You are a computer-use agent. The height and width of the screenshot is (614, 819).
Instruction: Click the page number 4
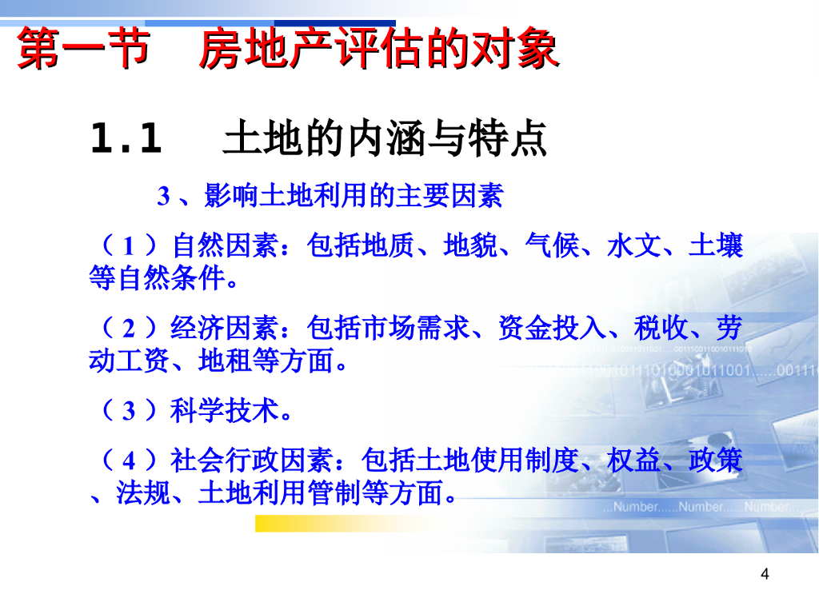tap(765, 574)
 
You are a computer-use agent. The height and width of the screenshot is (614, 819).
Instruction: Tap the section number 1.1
tap(126, 138)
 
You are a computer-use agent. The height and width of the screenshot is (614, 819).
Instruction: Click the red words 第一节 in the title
tap(83, 48)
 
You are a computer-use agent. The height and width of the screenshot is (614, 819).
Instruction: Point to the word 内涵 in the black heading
tap(386, 138)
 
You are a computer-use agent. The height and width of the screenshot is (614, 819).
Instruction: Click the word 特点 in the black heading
tap(507, 138)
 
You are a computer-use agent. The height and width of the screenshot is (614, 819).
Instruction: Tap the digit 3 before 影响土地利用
tap(163, 197)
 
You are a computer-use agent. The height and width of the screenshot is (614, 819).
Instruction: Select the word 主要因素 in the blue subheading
tap(449, 196)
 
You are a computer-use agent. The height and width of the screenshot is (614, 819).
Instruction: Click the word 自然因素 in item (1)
tap(226, 245)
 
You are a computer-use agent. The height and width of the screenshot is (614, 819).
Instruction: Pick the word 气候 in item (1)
tap(552, 245)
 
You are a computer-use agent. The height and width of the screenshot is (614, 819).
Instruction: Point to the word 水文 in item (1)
tap(634, 245)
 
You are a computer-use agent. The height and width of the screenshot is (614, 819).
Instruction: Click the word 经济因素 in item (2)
tap(225, 328)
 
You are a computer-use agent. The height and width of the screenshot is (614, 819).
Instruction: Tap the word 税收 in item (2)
tap(661, 328)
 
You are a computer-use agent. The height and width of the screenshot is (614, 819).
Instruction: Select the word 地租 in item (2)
tap(225, 361)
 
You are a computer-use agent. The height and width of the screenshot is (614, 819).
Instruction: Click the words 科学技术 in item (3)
tap(225, 410)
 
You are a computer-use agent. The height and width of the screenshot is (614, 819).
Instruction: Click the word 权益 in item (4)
tap(634, 460)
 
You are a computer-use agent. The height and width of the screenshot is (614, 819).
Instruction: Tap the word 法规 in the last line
tap(143, 492)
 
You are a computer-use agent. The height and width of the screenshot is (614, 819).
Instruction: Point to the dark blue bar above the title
tap(335, 23)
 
